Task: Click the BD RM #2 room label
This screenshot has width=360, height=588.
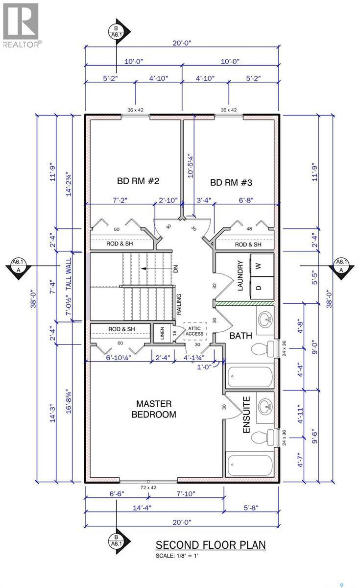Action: pos(138,181)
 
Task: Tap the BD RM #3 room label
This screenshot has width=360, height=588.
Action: pos(231,182)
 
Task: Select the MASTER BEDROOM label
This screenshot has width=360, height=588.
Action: pos(154,409)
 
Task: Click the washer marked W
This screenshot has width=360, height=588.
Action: pos(262,265)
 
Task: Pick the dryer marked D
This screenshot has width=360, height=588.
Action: pos(262,288)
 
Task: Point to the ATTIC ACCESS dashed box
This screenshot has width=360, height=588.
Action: pos(195,331)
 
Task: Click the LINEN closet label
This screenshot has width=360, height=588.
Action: pos(162,333)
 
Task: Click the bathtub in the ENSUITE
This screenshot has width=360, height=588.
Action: pos(250,464)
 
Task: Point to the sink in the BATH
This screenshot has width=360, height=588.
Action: pos(265,319)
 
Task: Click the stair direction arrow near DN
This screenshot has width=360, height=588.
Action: pos(155,269)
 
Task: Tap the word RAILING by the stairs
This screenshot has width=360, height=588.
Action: pos(179,304)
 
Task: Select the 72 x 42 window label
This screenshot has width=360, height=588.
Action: pos(148,488)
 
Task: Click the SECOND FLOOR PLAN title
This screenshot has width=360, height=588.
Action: pos(211,545)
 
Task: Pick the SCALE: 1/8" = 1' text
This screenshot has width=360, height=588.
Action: pos(177,556)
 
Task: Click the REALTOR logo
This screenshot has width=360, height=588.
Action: pos(21,25)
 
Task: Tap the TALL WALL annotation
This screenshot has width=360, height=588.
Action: pos(69,274)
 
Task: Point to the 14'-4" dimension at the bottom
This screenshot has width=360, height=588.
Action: pos(142,508)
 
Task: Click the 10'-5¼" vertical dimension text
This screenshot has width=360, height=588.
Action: pos(190,166)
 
